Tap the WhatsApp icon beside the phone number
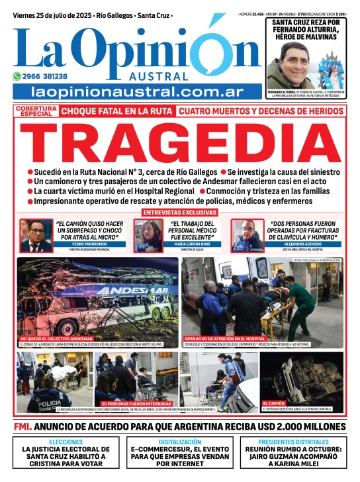(x=18, y=76)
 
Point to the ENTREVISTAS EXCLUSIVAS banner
(x=180, y=213)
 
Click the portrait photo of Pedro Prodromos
(x=36, y=235)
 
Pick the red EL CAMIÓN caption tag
(x=274, y=403)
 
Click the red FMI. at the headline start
(x=22, y=426)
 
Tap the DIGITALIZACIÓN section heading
(x=180, y=442)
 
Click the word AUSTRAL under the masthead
(x=171, y=76)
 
